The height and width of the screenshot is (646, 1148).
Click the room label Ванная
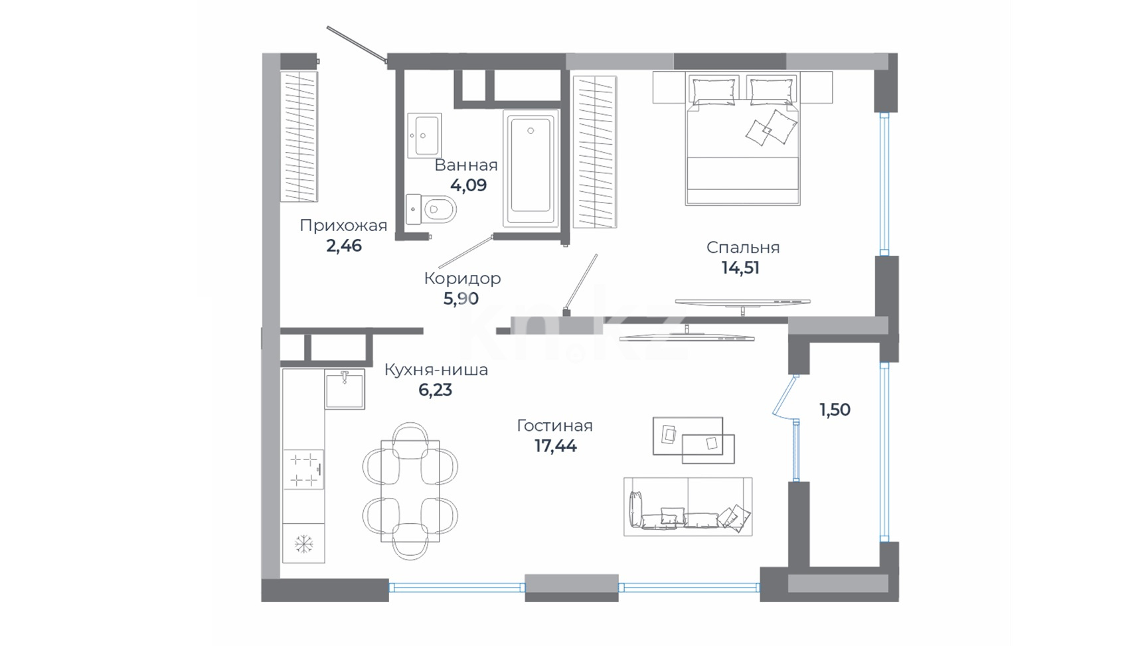coord(466,165)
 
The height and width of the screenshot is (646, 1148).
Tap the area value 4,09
coord(468,185)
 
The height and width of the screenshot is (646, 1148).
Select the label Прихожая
coord(343,226)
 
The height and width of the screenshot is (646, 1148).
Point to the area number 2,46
coord(344,246)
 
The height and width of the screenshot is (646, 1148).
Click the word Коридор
coord(462,278)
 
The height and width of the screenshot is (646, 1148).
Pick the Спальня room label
coord(743,248)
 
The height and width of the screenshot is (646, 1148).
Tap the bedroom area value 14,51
coord(740,268)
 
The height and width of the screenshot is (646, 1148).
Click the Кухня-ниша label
coord(436,370)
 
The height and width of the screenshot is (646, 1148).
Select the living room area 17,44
coord(556,446)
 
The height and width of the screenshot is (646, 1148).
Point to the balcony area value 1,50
coord(835,410)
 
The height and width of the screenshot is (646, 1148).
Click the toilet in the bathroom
coord(431,210)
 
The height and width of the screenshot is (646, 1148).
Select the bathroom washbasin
coord(424,135)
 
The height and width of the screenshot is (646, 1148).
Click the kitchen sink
coord(345,389)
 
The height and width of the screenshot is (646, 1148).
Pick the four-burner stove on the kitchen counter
coord(303,469)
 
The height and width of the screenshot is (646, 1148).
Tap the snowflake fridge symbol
coord(303,544)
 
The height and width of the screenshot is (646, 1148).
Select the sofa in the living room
coord(688,507)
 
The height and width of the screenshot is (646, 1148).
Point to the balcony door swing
coord(785,397)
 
